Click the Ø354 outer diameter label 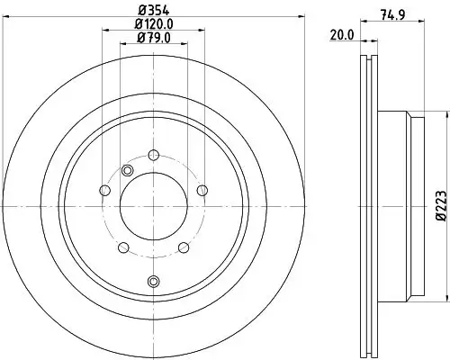point(153,11)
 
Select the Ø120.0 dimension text point(153,25)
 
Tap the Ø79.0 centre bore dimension point(153,39)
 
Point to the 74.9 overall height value point(390,13)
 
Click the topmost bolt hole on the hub point(153,154)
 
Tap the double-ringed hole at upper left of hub point(127,171)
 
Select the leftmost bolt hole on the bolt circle point(104,189)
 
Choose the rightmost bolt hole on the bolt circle point(202,189)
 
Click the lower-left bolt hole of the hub point(123,247)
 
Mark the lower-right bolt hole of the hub point(183,247)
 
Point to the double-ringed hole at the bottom point(153,282)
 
